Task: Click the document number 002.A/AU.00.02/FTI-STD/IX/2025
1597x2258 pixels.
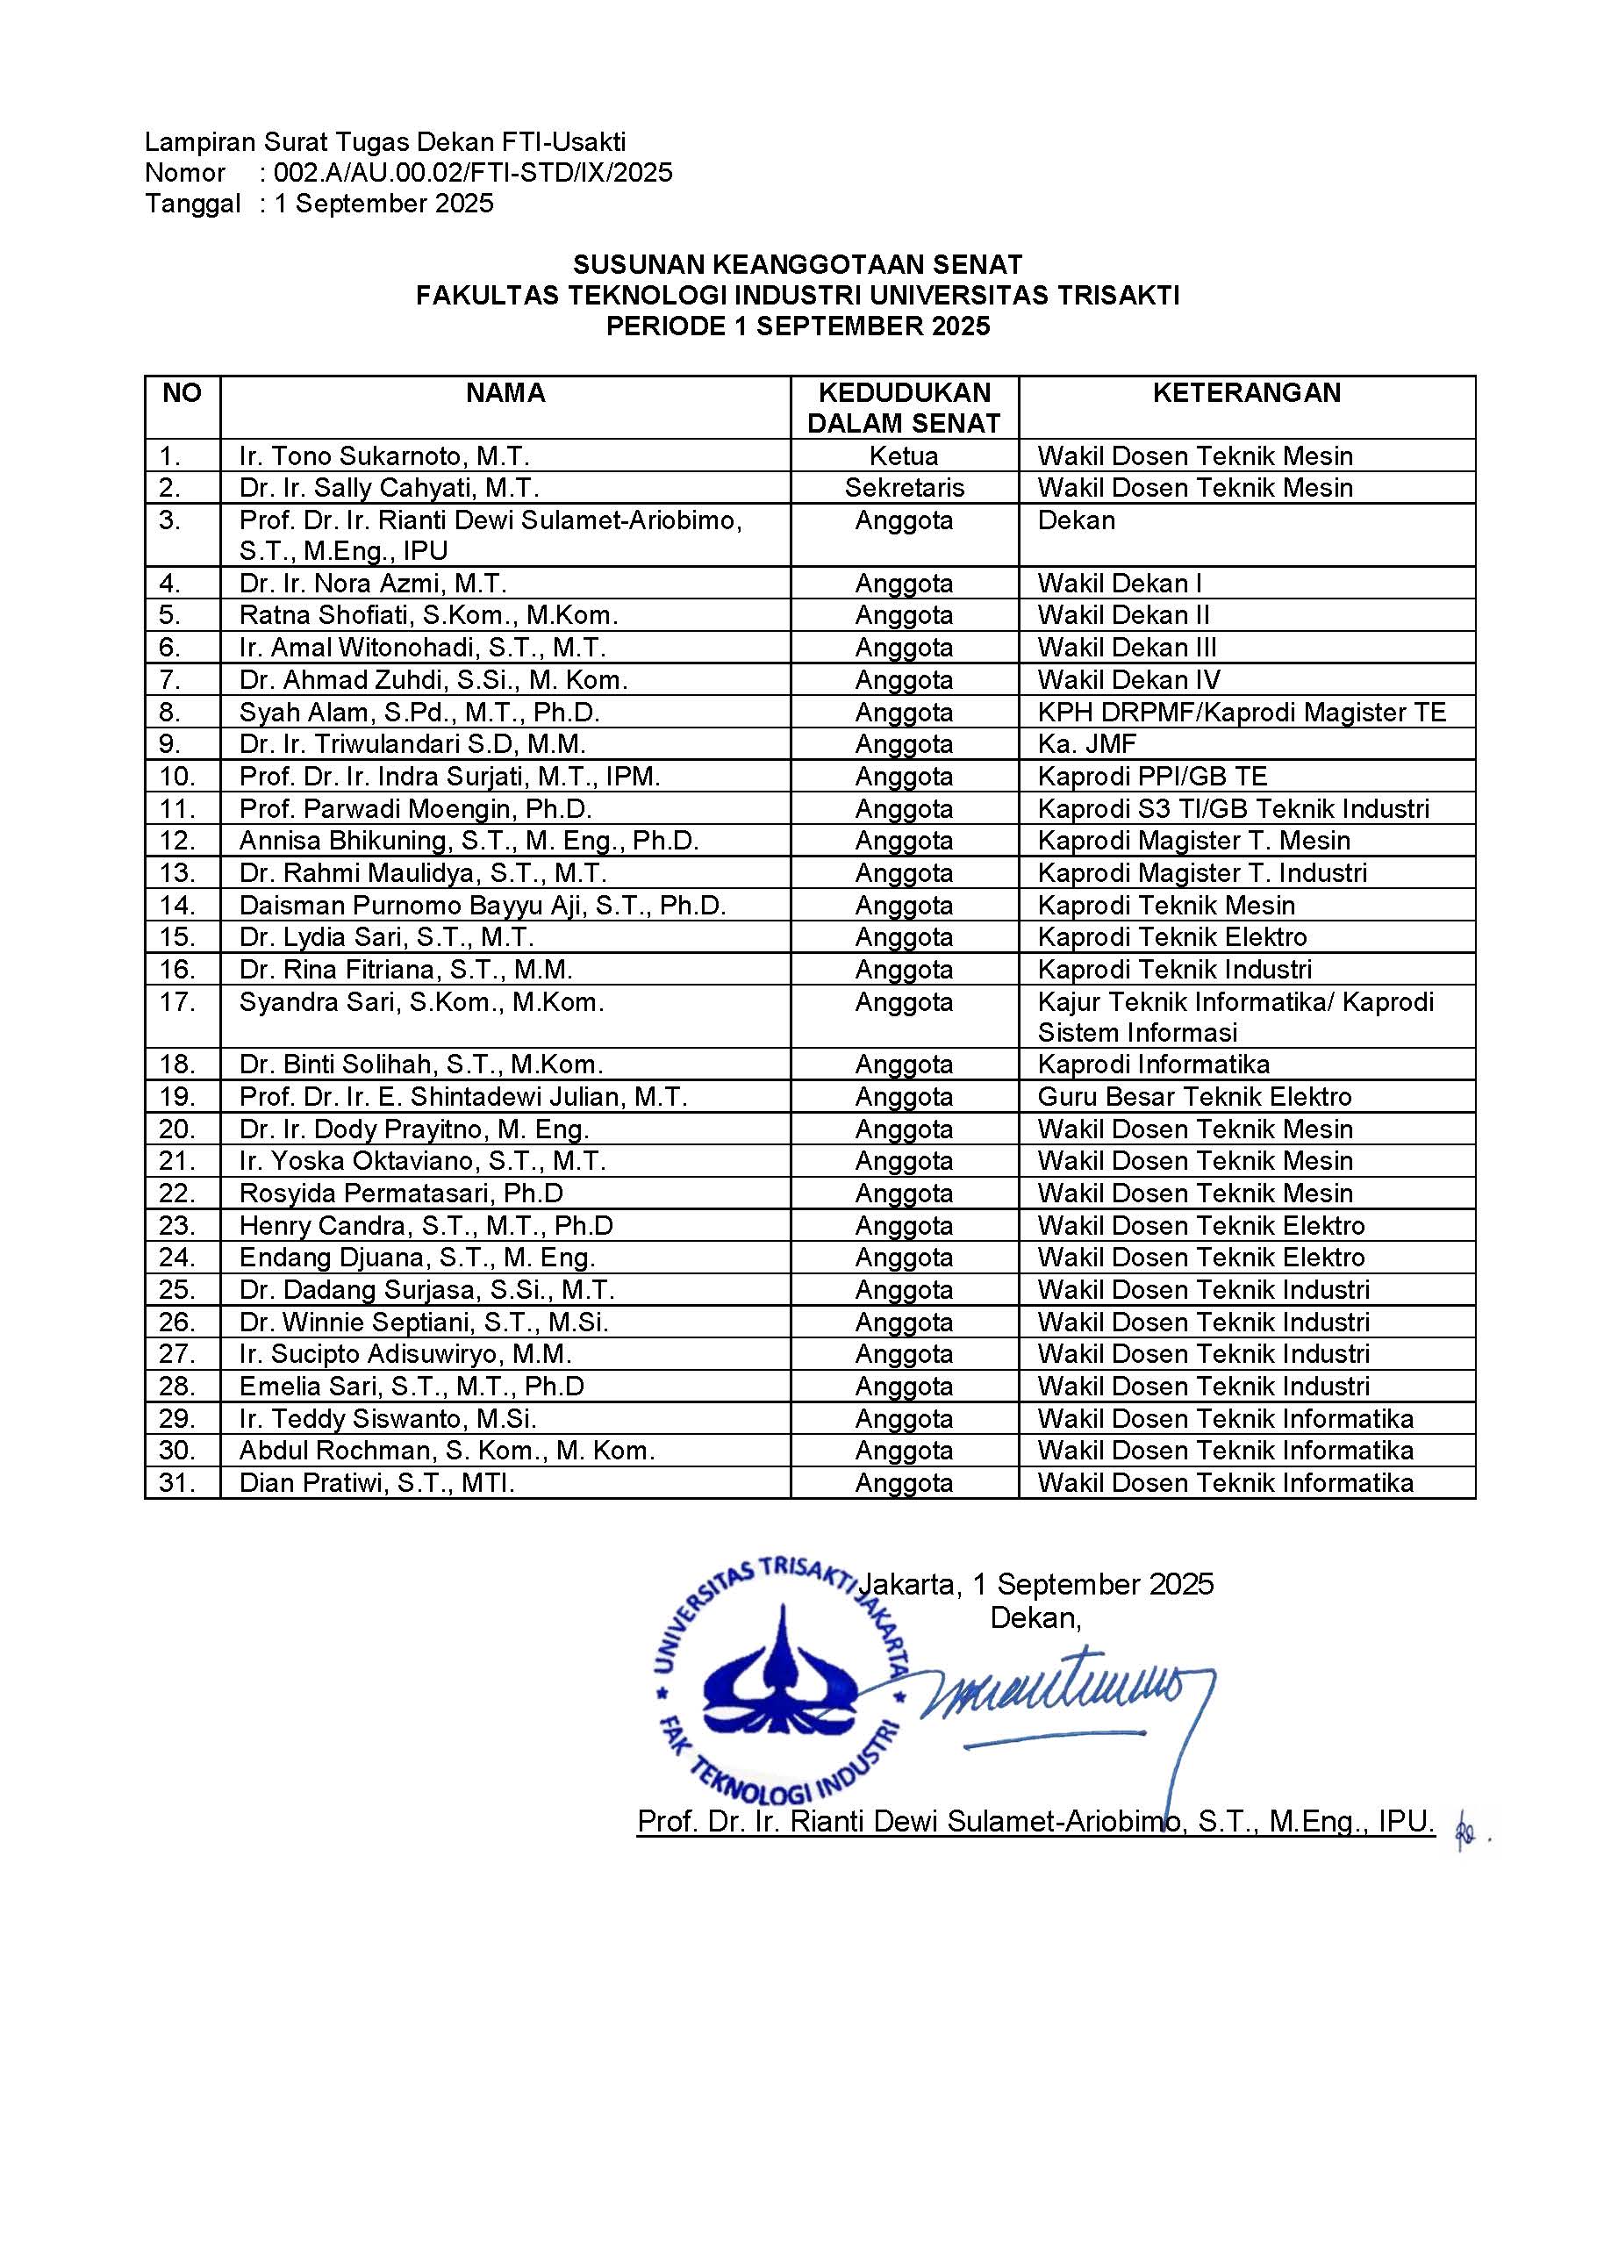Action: coord(473,173)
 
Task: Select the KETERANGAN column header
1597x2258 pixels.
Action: coord(1246,393)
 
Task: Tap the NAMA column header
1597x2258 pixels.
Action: coord(505,393)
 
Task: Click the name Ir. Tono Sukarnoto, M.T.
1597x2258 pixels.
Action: coord(384,456)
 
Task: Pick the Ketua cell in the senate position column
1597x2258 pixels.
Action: coord(904,456)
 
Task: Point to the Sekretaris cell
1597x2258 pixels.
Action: coord(904,488)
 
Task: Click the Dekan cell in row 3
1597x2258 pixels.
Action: coord(1076,520)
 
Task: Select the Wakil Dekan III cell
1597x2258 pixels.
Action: coord(1127,649)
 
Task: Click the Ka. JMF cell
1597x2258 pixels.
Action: coord(1086,744)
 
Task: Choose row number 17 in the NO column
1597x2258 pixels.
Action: coord(178,1002)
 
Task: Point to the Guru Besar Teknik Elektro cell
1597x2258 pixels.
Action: coord(1194,1097)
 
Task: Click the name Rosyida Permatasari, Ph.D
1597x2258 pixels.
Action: coord(401,1194)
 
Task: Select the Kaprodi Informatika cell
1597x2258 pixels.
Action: coord(1154,1064)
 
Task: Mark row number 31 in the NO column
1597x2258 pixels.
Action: coord(178,1483)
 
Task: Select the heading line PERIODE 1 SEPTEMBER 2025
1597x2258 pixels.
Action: coord(798,326)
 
